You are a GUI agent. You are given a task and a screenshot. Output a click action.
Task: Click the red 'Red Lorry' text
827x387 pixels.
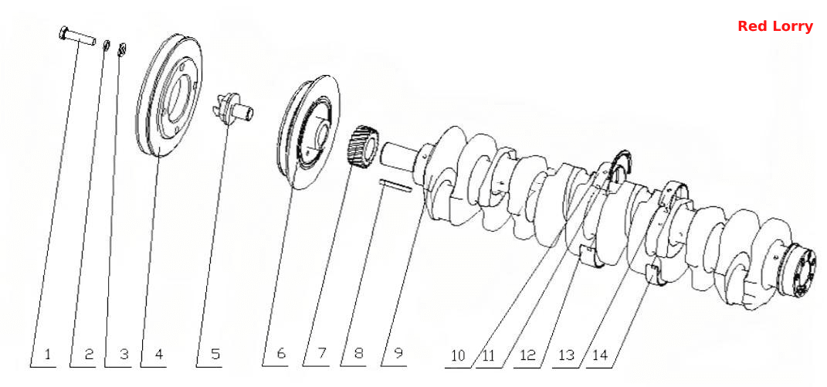774,25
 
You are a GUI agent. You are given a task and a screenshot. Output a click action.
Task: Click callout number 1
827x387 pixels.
47,354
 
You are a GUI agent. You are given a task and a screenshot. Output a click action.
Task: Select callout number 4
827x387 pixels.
158,354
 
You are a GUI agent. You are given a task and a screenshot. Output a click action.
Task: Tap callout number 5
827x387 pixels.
215,354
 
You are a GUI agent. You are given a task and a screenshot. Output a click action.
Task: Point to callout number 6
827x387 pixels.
281,353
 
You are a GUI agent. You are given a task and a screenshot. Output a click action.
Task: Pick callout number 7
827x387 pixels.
322,353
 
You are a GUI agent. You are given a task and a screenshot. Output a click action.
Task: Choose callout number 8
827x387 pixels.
358,353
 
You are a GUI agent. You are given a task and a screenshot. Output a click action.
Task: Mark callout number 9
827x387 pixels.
398,353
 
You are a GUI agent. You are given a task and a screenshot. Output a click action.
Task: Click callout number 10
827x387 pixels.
459,355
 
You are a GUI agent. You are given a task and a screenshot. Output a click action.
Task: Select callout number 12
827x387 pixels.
528,355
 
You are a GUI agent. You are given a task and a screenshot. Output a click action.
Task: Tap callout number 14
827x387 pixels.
601,355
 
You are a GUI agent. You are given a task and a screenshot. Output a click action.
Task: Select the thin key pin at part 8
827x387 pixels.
395,187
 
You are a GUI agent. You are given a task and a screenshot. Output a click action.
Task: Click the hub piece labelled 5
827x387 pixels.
233,109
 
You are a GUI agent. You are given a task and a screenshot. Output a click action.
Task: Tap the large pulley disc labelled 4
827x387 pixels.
169,96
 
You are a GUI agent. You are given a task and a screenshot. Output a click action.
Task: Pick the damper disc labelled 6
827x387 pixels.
310,132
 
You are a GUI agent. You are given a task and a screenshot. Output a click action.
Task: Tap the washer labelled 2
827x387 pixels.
106,46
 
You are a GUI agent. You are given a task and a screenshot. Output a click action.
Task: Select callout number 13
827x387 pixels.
566,355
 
